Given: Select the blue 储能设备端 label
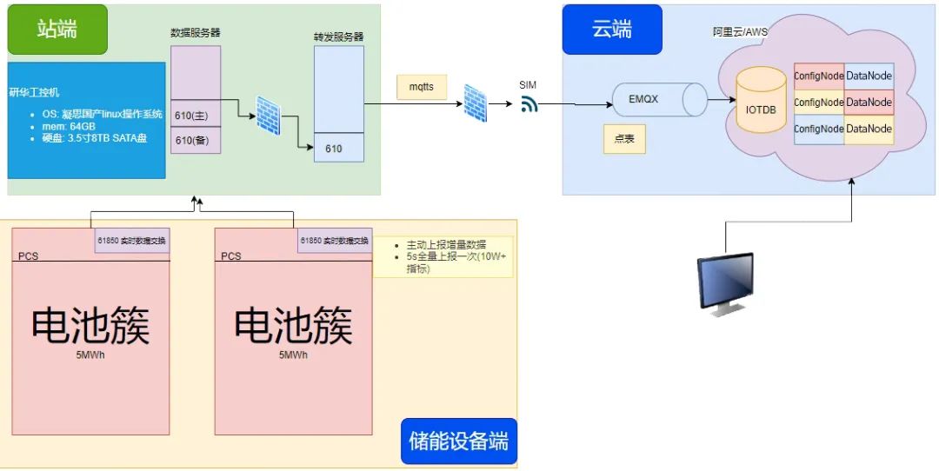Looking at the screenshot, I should (x=458, y=441).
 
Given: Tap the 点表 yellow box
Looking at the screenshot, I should (x=624, y=139).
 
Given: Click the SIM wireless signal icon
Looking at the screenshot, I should (x=529, y=104).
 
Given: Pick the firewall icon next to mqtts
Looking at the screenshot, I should (x=475, y=103).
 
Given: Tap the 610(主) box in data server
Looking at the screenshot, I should (x=195, y=116).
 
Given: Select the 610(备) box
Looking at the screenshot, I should (x=195, y=141).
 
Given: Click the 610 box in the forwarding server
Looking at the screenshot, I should (x=338, y=149).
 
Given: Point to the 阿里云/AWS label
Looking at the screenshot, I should (x=740, y=31).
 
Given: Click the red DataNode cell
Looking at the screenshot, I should (x=869, y=103).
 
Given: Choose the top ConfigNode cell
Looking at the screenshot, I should (x=819, y=76).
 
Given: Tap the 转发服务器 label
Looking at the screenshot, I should (x=338, y=37).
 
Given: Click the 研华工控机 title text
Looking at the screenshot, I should (x=35, y=92).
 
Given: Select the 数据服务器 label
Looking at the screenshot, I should (x=195, y=32).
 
